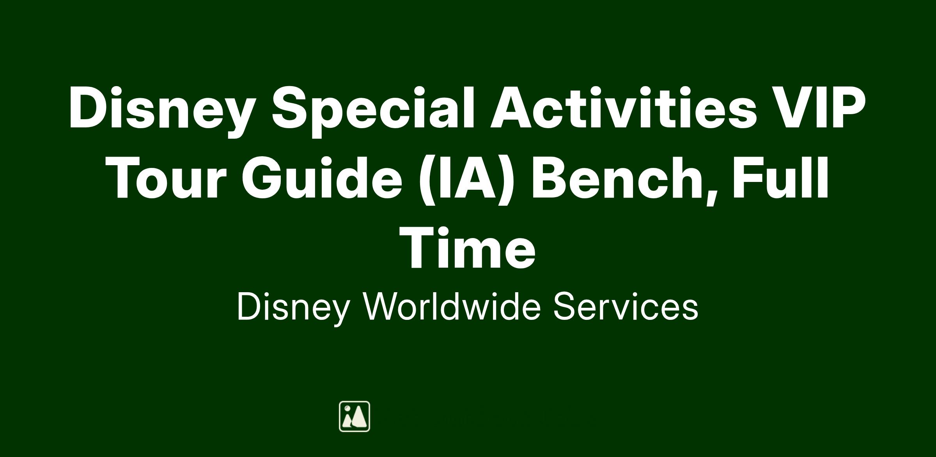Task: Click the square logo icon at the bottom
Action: coord(355,416)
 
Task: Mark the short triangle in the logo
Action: coord(347,421)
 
